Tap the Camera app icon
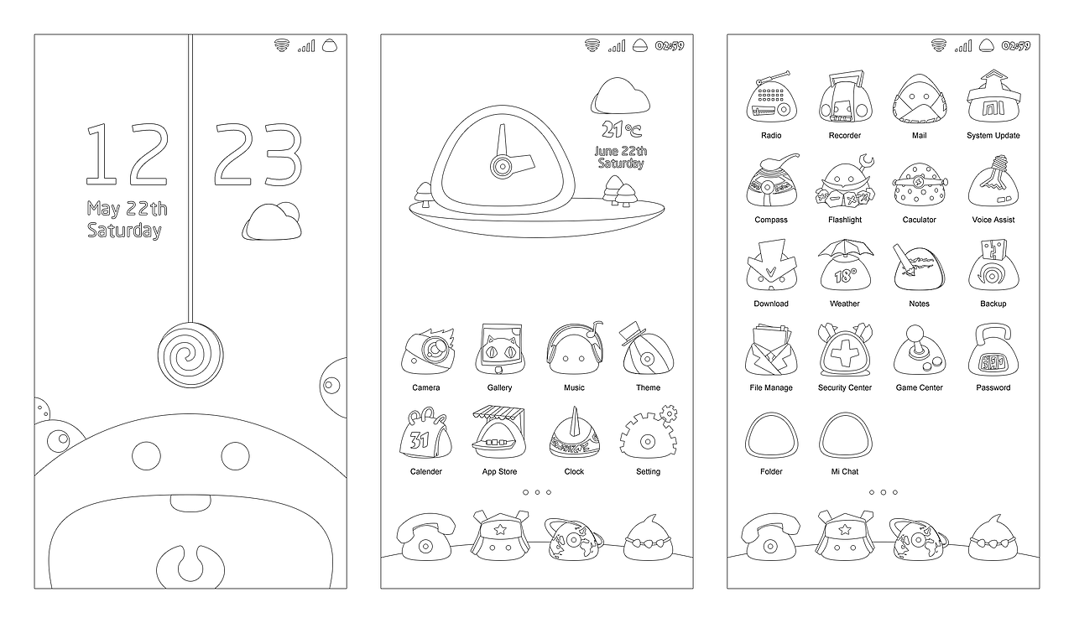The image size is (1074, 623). [x=428, y=351]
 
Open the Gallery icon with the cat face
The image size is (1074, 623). [x=500, y=350]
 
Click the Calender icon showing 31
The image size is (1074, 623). [x=425, y=434]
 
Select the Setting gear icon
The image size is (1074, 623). [x=649, y=433]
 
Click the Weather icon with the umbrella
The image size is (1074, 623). [x=845, y=265]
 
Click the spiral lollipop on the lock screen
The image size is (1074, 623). [x=190, y=356]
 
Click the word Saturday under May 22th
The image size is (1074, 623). [x=125, y=231]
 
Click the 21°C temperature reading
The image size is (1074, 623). [x=622, y=129]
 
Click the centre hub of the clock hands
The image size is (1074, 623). [x=502, y=167]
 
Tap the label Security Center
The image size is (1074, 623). [x=845, y=387]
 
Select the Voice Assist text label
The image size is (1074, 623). [x=993, y=220]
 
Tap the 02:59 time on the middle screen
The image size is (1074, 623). [x=670, y=46]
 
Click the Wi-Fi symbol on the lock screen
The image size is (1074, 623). [x=282, y=45]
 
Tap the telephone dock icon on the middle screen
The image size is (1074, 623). [x=425, y=537]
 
